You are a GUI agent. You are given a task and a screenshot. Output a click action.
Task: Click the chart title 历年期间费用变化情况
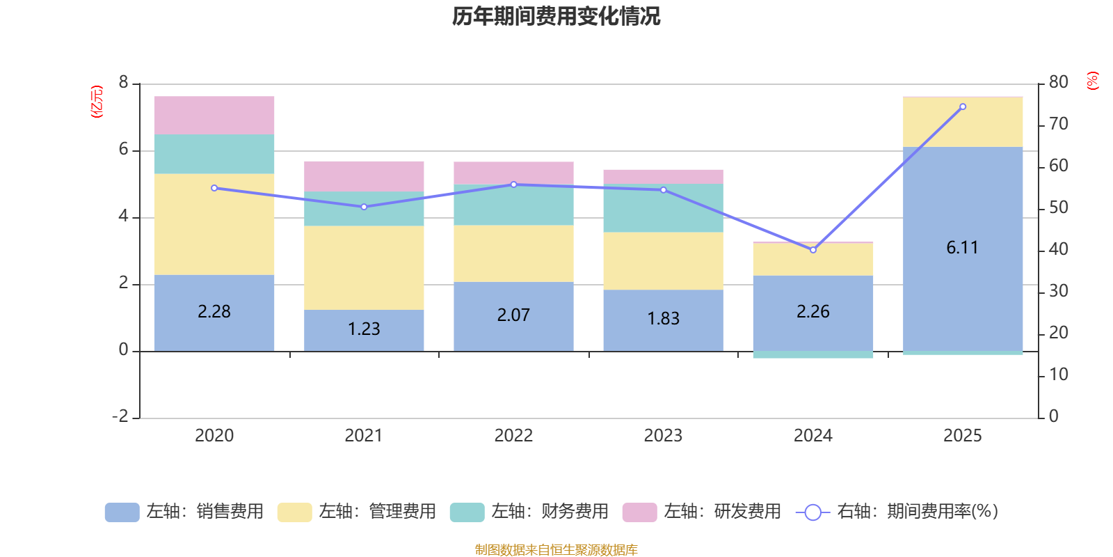[x=556, y=16]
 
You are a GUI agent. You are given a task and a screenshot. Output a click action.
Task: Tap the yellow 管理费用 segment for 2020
[x=214, y=224]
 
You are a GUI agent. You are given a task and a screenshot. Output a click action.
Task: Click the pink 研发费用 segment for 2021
[x=364, y=176]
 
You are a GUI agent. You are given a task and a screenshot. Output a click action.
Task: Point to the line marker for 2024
[x=813, y=249]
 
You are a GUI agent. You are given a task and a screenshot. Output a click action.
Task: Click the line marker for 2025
[x=963, y=107]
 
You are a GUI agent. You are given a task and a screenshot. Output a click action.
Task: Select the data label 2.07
[x=513, y=315]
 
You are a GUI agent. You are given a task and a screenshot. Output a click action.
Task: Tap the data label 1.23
[x=364, y=329]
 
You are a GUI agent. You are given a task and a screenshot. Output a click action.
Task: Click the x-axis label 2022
[x=513, y=435]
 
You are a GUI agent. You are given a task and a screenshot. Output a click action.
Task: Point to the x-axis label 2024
[x=812, y=435]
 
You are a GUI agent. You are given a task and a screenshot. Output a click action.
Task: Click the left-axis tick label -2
[x=121, y=416]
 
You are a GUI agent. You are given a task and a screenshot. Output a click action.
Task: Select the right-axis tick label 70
[x=1058, y=124]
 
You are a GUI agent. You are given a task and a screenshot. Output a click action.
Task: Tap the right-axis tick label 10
[x=1058, y=375]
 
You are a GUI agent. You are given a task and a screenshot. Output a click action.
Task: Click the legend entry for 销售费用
[x=184, y=512]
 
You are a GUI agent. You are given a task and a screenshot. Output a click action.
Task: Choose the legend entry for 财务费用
[x=529, y=512]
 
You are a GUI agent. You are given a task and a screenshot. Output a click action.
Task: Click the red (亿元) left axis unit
[x=97, y=102]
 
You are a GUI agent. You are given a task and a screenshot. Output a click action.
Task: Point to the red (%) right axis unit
[x=1093, y=81]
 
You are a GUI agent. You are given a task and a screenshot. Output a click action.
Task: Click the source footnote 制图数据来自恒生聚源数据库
[x=556, y=550]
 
